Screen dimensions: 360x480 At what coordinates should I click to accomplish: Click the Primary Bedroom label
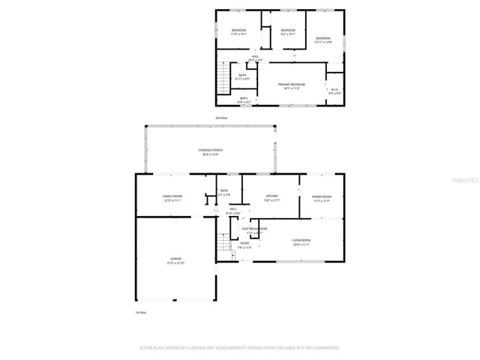291,85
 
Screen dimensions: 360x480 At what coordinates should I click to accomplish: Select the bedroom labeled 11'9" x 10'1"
238,32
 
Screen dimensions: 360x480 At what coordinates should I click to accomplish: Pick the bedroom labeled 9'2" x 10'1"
288,32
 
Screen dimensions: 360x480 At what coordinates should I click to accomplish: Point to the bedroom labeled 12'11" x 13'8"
323,40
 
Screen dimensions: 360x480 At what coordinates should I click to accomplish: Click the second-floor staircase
223,77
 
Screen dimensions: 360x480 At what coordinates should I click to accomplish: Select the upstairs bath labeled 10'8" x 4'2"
244,99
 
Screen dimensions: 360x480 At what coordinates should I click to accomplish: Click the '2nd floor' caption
221,118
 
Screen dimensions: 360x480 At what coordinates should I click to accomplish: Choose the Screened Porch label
210,151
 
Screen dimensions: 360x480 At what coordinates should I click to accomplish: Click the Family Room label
172,198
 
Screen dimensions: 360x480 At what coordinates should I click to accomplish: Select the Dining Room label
321,198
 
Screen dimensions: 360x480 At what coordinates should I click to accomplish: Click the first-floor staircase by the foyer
223,244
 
